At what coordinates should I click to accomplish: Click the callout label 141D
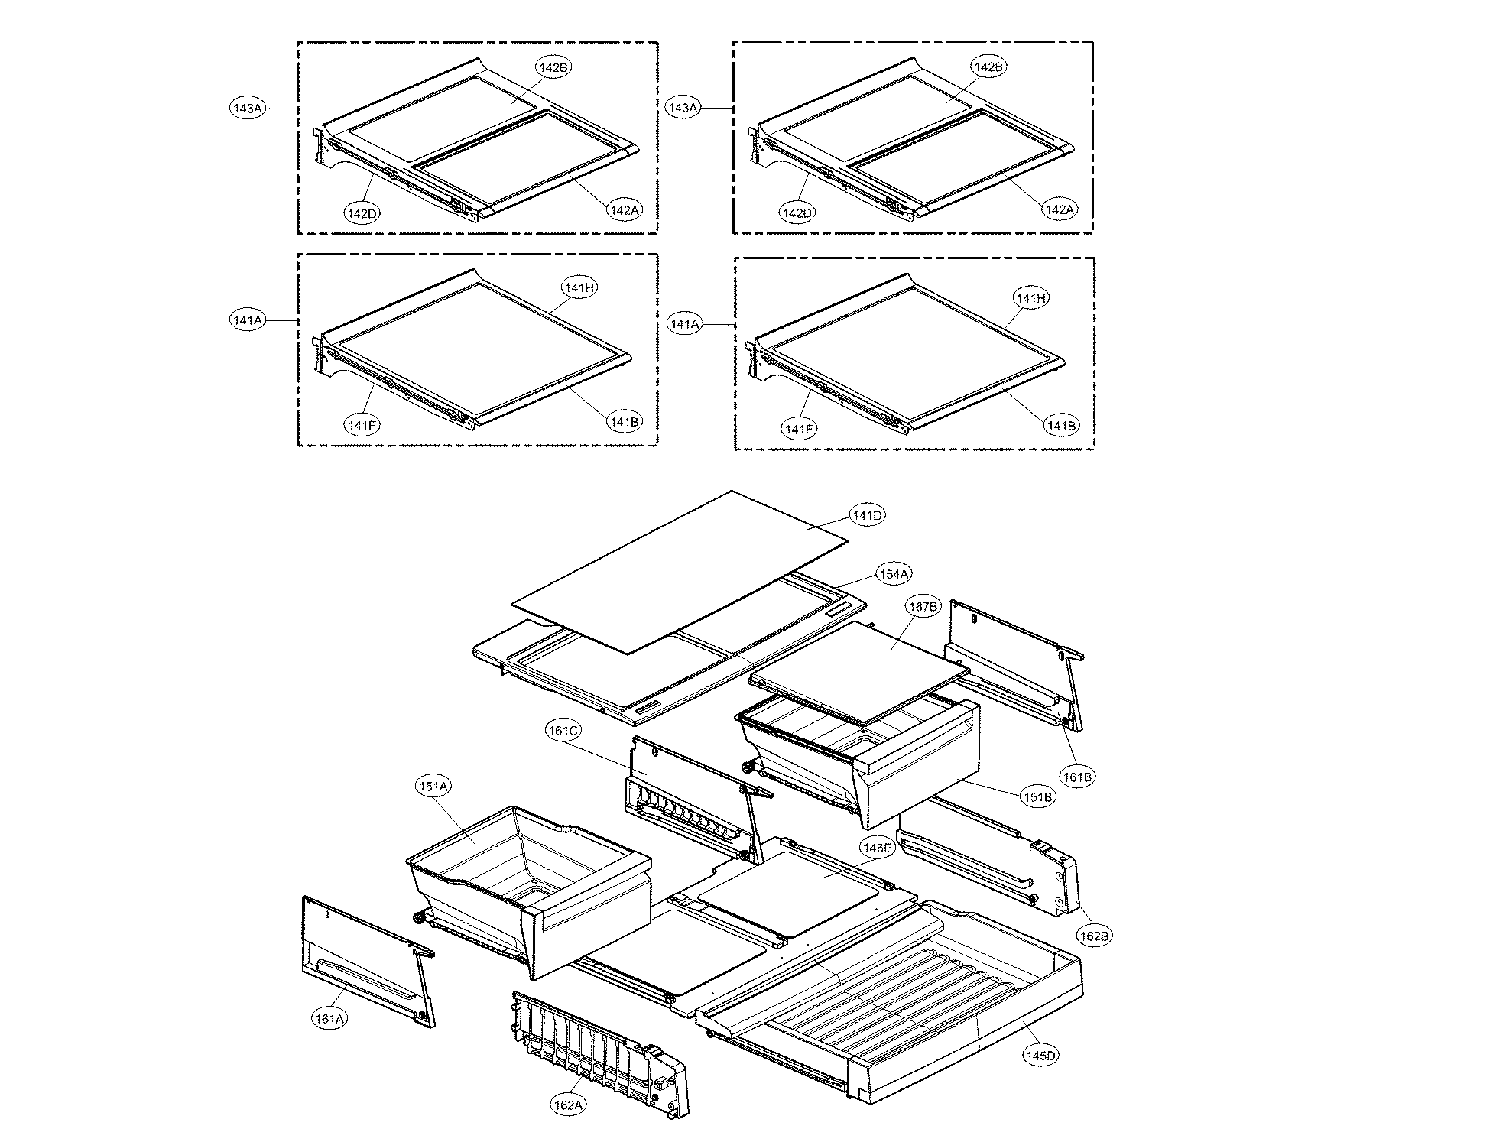tap(868, 516)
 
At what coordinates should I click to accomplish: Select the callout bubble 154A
tap(894, 574)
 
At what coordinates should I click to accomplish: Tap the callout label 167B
tap(923, 607)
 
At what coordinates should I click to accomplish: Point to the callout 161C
tap(563, 731)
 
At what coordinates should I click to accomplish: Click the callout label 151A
tap(433, 786)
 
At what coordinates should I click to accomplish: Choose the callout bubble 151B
tap(1038, 797)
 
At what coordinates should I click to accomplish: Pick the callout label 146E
tap(876, 848)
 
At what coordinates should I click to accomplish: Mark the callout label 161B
tap(1077, 777)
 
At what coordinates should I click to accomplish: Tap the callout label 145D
tap(1040, 1056)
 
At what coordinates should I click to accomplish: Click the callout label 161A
tap(328, 1018)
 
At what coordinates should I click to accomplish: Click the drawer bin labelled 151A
tap(527, 887)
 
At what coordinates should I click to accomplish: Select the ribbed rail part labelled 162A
tap(596, 1047)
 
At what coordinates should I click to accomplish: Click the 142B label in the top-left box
tap(553, 67)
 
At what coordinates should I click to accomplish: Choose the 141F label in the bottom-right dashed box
tap(799, 430)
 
